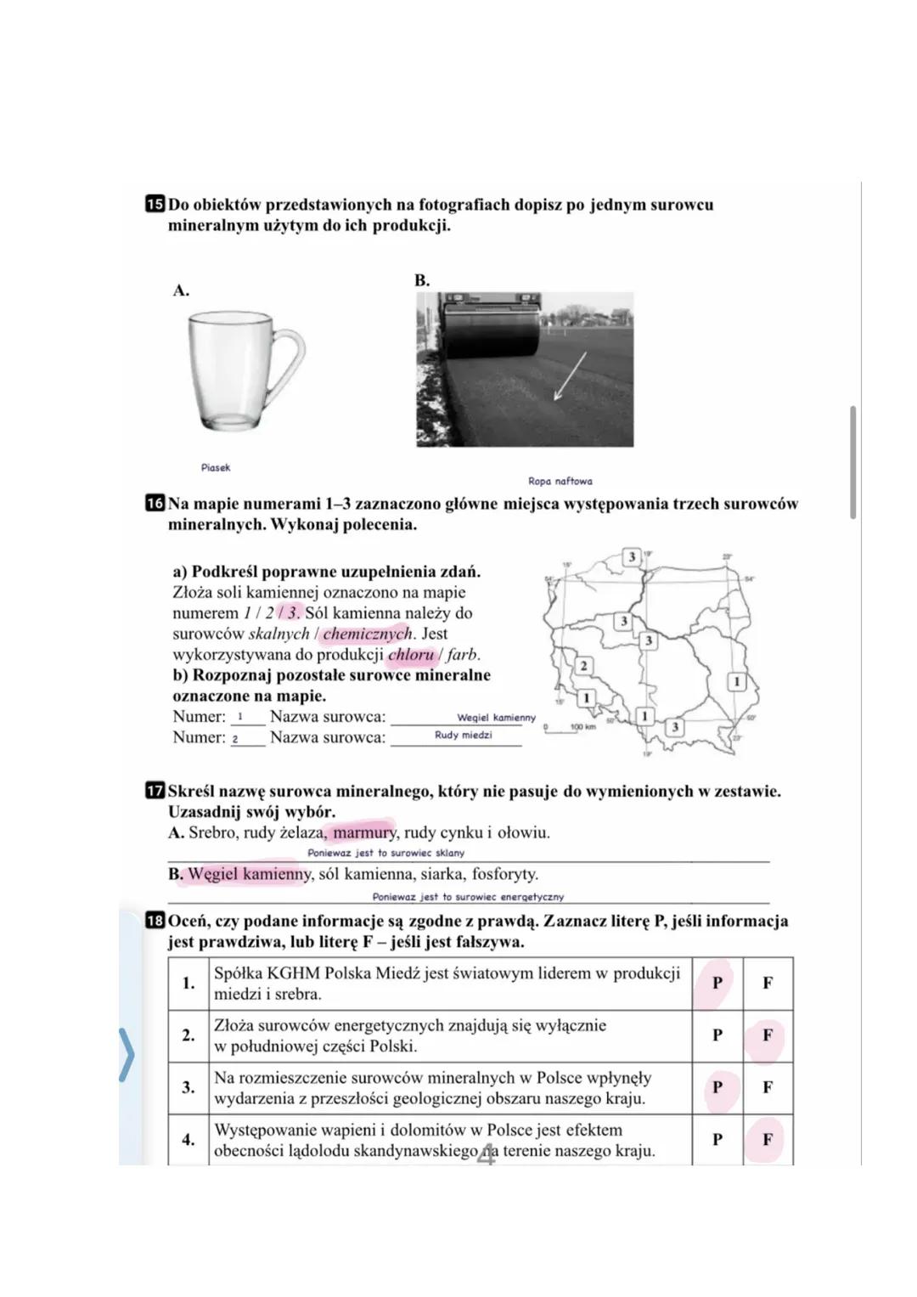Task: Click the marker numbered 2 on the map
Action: click(583, 665)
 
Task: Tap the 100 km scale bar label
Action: click(582, 727)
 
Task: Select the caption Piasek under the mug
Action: click(216, 468)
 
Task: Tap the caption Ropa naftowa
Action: click(560, 482)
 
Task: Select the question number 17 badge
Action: click(155, 792)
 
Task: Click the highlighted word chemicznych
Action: click(367, 634)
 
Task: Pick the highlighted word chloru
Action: click(411, 655)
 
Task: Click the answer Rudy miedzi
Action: click(463, 736)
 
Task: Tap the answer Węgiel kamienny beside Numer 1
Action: click(496, 718)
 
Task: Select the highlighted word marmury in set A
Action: click(364, 832)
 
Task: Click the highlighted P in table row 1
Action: click(717, 983)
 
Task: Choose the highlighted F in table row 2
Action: click(767, 1035)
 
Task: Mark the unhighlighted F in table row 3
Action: click(768, 1087)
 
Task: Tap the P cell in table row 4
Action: click(717, 1140)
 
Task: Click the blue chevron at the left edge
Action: click(127, 1054)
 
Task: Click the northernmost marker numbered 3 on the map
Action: click(631, 556)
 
